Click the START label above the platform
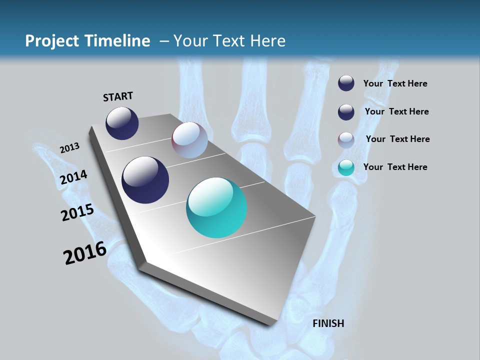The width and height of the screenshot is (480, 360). point(118,96)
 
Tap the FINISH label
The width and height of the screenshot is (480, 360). point(328,323)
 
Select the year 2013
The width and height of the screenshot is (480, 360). point(69,147)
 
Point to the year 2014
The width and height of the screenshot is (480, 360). point(73,177)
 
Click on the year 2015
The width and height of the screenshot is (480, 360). point(77,212)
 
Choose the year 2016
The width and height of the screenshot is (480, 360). point(84,253)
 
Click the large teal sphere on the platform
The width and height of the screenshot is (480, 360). point(216,207)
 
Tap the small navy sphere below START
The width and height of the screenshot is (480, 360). point(122,123)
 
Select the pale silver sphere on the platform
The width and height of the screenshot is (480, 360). point(189,140)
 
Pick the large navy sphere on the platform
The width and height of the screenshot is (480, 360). point(145,180)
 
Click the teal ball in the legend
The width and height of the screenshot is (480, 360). point(346,168)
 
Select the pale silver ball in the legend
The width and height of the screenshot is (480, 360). point(346,140)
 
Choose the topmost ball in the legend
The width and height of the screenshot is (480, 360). point(346,83)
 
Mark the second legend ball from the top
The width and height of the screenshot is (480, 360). point(346,112)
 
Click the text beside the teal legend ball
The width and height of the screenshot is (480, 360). point(395,167)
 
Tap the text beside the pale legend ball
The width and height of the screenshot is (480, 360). point(397,139)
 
